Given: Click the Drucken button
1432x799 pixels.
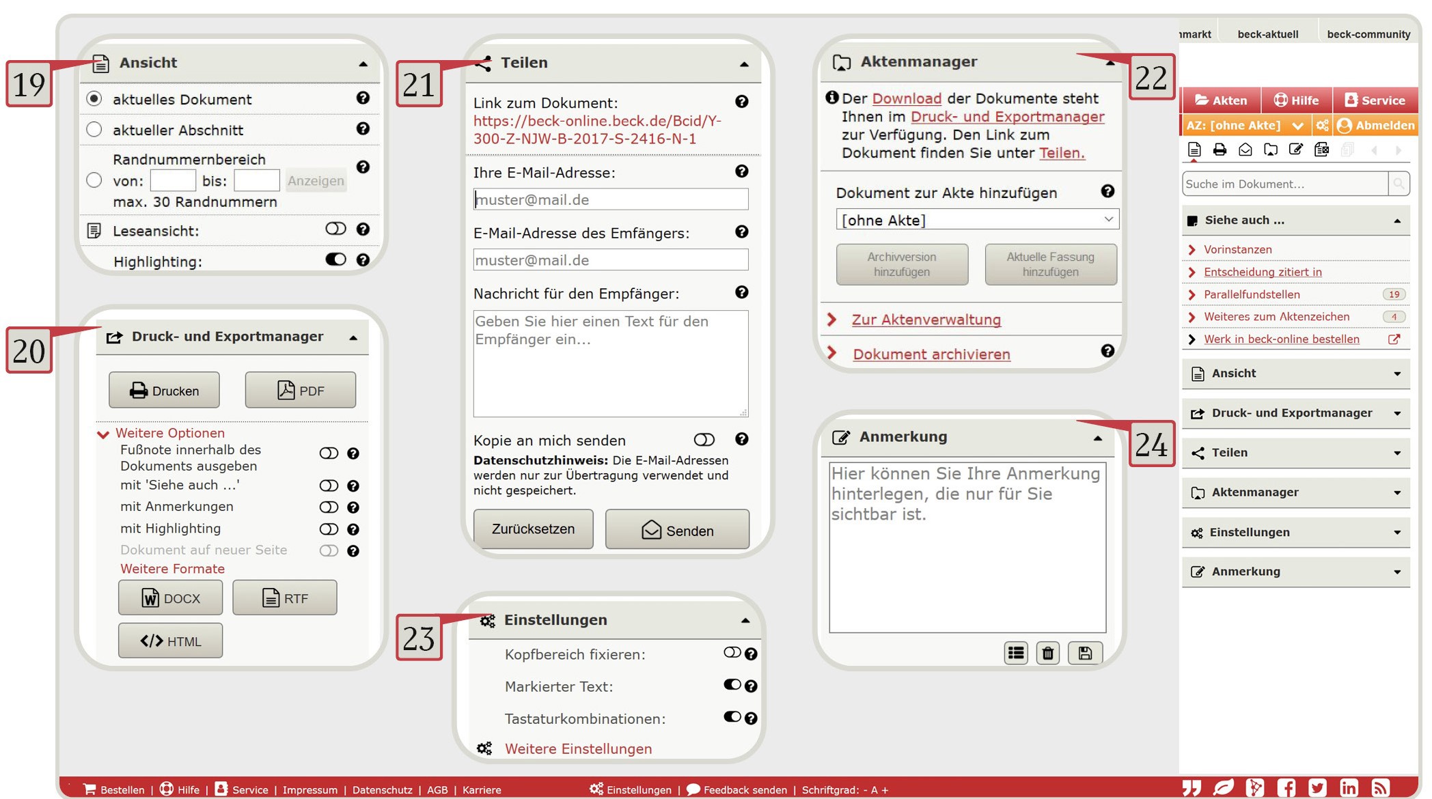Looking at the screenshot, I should [x=164, y=391].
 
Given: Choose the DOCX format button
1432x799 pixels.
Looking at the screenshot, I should [x=171, y=598].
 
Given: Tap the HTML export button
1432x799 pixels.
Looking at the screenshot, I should [x=171, y=641].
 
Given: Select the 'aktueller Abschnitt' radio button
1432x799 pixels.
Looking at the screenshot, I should [x=94, y=130].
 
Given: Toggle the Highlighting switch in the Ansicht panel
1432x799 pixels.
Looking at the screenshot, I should [x=335, y=260].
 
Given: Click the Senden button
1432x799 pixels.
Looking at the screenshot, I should [x=677, y=530].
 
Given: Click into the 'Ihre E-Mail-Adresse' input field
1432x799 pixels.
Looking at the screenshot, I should [x=610, y=199].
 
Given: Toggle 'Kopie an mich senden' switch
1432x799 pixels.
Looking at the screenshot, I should [x=704, y=440].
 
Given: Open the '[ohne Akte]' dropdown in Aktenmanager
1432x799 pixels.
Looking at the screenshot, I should [x=977, y=220].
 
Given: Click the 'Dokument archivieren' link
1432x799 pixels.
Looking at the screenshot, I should [x=931, y=354].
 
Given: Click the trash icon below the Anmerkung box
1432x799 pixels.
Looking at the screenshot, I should [x=1047, y=654].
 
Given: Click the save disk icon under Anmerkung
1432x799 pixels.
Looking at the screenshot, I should [x=1085, y=654].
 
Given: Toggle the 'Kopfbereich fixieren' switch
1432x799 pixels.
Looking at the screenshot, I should [x=732, y=653].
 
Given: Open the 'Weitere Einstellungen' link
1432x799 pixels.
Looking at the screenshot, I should [x=578, y=749].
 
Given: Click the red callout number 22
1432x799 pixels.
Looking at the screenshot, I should [x=1151, y=78].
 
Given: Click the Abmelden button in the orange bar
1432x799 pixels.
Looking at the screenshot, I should [x=1376, y=126].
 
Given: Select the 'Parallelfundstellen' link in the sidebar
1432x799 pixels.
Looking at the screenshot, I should [x=1252, y=294].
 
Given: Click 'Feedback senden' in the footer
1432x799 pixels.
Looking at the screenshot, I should [x=744, y=790].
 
